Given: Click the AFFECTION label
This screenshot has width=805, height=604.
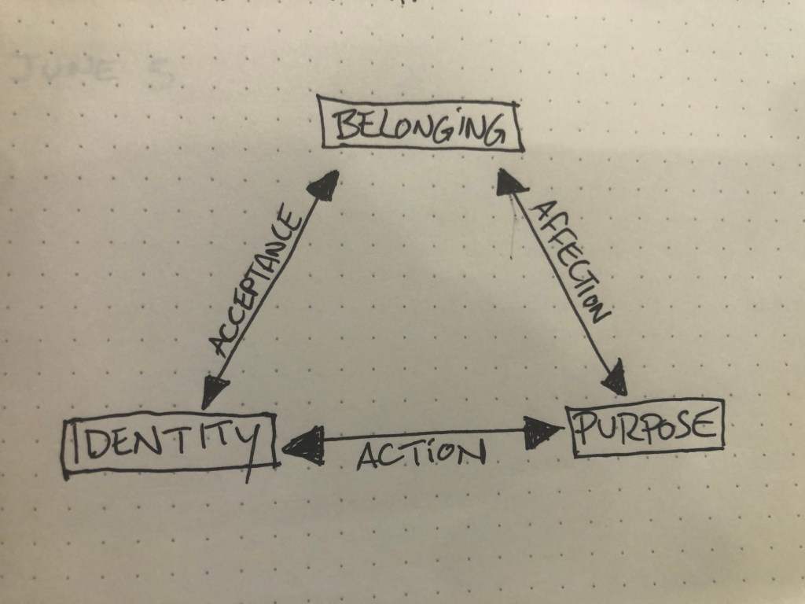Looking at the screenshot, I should (x=572, y=262).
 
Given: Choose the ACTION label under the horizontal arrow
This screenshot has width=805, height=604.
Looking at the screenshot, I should (x=421, y=455).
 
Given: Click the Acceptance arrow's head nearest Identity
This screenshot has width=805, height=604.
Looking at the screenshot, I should (x=215, y=389).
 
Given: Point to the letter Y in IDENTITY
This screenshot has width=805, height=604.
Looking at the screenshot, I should (x=248, y=444).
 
